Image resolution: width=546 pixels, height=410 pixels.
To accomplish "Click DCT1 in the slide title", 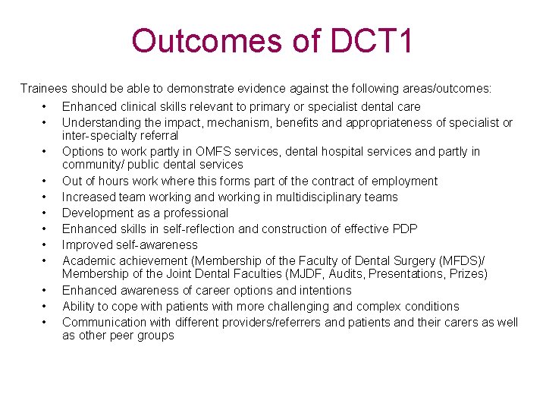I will tap(372, 41).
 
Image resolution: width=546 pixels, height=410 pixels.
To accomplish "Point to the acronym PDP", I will tap(404, 229).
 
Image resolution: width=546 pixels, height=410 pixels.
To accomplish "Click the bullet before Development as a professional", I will tap(45, 213).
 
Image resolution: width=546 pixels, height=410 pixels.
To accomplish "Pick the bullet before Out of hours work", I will tap(45, 181).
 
